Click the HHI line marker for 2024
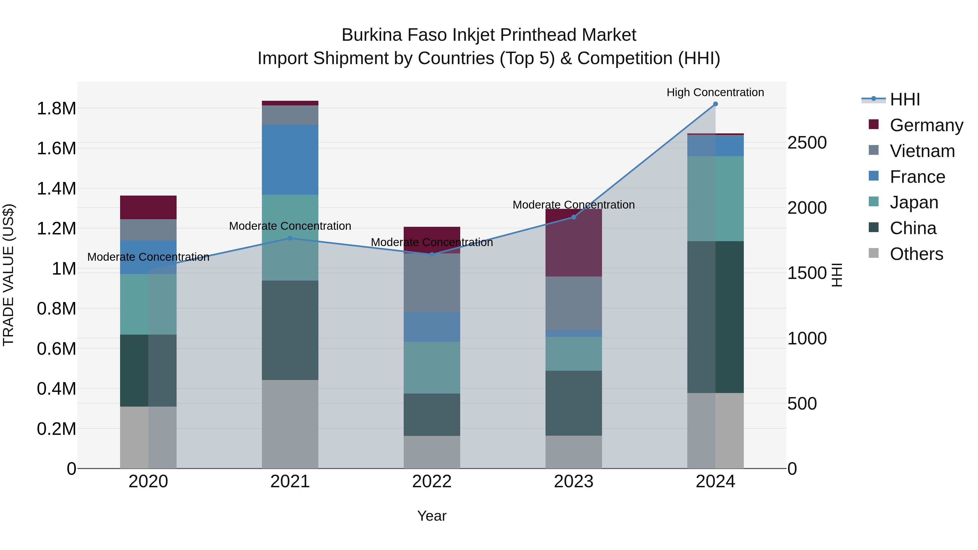tap(715, 104)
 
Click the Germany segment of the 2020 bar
tap(148, 207)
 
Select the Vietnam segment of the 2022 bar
tap(432, 283)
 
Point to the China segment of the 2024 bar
tap(715, 317)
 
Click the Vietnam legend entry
tap(922, 151)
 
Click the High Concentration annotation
tap(715, 92)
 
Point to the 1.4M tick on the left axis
tap(56, 189)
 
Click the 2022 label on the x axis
tap(432, 482)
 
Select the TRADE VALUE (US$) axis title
tap(8, 275)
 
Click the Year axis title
tap(432, 516)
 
